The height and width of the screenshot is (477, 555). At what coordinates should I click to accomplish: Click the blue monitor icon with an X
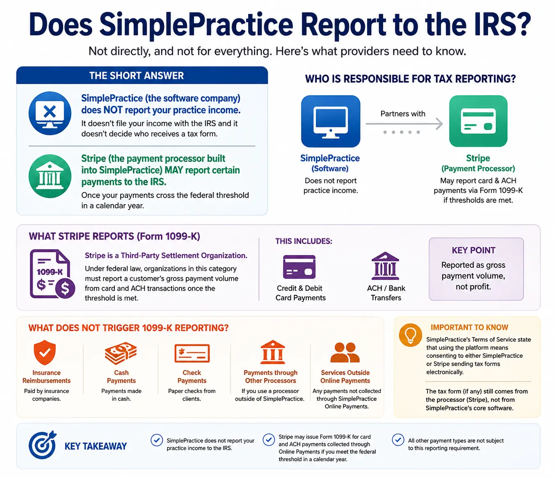pyautogui.click(x=50, y=113)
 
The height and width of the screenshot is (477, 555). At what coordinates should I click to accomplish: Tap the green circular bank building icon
pyautogui.click(x=50, y=176)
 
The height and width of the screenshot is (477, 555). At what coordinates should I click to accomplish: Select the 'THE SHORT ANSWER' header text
pyautogui.click(x=137, y=76)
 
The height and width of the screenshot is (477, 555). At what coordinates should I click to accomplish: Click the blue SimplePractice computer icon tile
pyautogui.click(x=331, y=121)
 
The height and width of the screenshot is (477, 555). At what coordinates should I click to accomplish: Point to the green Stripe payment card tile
pyautogui.click(x=478, y=121)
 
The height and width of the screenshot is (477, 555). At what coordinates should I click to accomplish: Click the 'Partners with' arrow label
pyautogui.click(x=403, y=114)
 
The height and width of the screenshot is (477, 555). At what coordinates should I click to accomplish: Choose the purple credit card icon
pyautogui.click(x=299, y=267)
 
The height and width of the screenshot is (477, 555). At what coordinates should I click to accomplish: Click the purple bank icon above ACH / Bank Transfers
pyautogui.click(x=385, y=266)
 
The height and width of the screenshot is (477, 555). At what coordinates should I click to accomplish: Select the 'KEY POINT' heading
pyautogui.click(x=473, y=250)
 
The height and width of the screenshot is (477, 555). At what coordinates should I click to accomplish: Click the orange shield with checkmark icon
pyautogui.click(x=45, y=352)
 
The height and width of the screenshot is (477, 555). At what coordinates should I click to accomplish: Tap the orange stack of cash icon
pyautogui.click(x=121, y=353)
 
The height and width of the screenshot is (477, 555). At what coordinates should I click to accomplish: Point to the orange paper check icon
pyautogui.click(x=192, y=353)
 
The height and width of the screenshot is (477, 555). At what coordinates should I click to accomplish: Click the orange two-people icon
pyautogui.click(x=345, y=352)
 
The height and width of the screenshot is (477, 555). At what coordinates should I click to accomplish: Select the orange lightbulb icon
pyautogui.click(x=410, y=335)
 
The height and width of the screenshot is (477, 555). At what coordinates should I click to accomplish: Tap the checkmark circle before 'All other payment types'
pyautogui.click(x=398, y=440)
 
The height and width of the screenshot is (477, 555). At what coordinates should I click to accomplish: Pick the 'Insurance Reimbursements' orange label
pyautogui.click(x=46, y=377)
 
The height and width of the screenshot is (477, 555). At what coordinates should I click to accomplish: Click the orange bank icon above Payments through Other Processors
pyautogui.click(x=272, y=352)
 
